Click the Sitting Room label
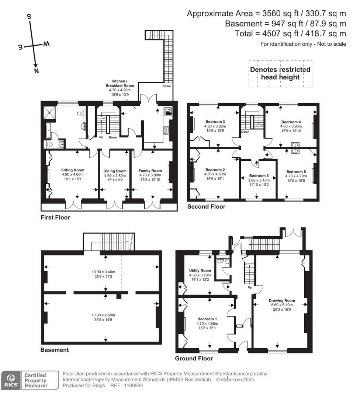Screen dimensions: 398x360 (x=73, y=170)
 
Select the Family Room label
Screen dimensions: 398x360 (x=150, y=171)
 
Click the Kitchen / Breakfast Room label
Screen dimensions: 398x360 (x=122, y=83)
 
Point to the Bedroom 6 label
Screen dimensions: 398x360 (x=259, y=175)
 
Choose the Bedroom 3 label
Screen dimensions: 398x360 (x=215, y=122)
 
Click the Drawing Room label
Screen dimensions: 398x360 (x=280, y=300)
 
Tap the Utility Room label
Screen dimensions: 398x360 (x=200, y=270)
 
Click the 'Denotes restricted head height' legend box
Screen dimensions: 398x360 (x=280, y=73)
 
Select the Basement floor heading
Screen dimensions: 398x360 (x=55, y=350)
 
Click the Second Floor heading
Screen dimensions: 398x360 (x=206, y=207)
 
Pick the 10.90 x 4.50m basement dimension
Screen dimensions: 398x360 (x=103, y=315)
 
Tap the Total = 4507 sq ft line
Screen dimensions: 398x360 (x=290, y=34)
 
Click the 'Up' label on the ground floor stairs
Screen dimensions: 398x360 (x=250, y=287)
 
